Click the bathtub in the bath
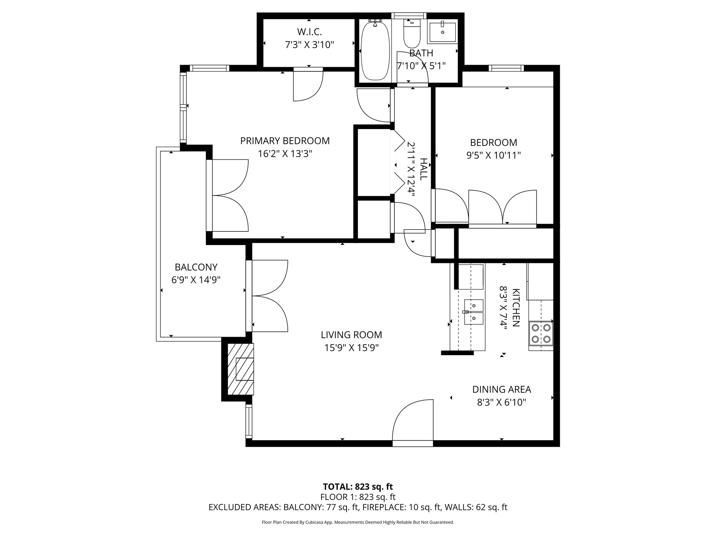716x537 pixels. click(x=375, y=51)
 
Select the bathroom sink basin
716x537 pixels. click(x=443, y=33)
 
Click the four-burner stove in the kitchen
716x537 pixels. click(x=541, y=334)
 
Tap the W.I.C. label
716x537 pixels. click(x=309, y=32)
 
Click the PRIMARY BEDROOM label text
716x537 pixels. click(x=285, y=141)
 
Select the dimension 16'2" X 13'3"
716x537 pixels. click(x=285, y=154)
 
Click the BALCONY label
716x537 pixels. click(x=196, y=267)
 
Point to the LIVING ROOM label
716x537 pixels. click(x=351, y=335)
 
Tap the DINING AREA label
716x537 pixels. click(x=502, y=389)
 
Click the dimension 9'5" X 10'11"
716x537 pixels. click(x=494, y=155)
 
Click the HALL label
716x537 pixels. click(x=423, y=169)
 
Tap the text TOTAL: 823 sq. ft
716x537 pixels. click(x=358, y=487)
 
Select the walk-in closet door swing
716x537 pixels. click(x=308, y=86)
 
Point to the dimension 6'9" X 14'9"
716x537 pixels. click(x=196, y=280)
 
